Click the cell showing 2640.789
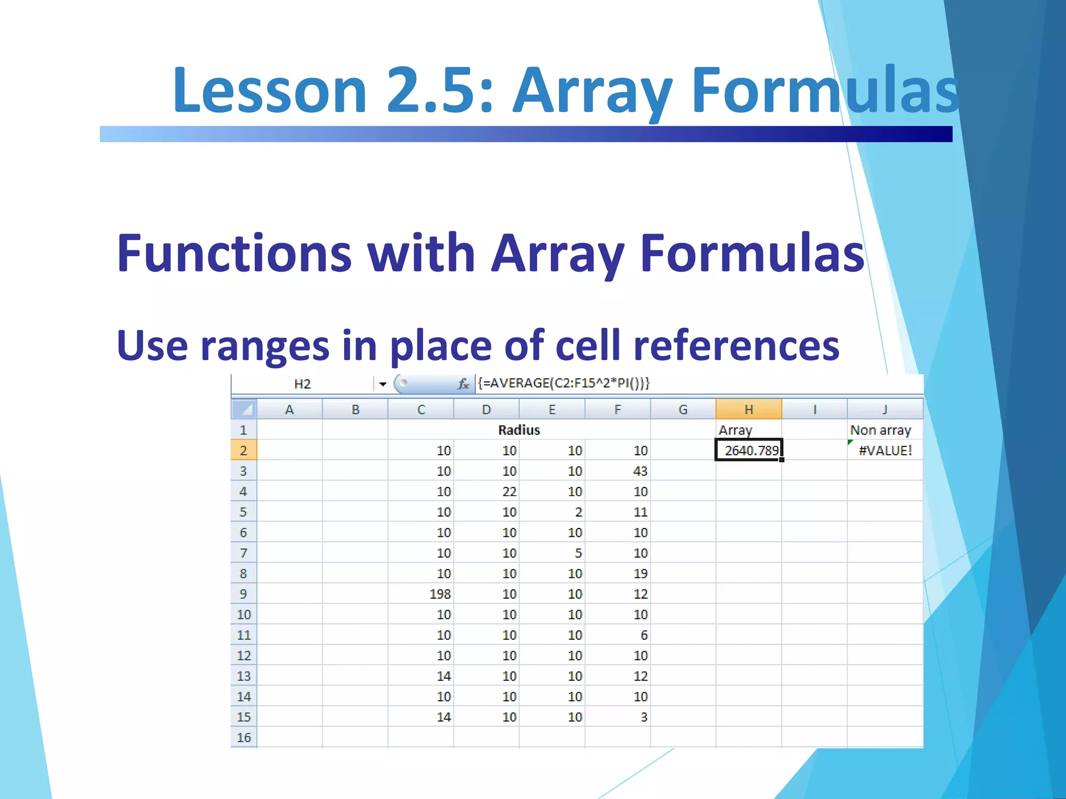pyautogui.click(x=748, y=450)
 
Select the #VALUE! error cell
pyautogui.click(x=885, y=450)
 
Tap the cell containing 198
pyautogui.click(x=421, y=594)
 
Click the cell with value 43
pyautogui.click(x=618, y=471)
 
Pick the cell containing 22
pyautogui.click(x=486, y=491)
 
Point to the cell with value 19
pyautogui.click(x=618, y=573)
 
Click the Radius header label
pyautogui.click(x=519, y=430)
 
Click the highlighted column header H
pyautogui.click(x=748, y=409)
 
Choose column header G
pyautogui.click(x=683, y=409)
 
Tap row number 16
pyautogui.click(x=244, y=737)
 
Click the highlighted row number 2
pyautogui.click(x=244, y=450)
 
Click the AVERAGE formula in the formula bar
pyautogui.click(x=564, y=383)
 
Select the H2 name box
pyautogui.click(x=302, y=384)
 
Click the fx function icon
pyautogui.click(x=463, y=384)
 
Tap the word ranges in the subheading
pyautogui.click(x=264, y=346)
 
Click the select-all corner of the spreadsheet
pyautogui.click(x=244, y=409)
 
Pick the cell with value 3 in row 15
pyautogui.click(x=618, y=717)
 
